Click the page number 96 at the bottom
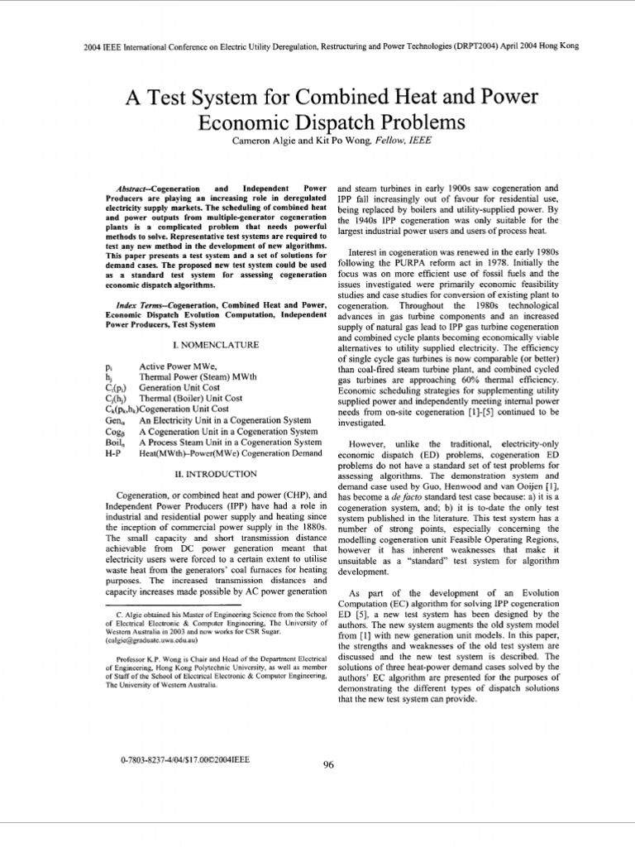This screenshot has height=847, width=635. (328, 764)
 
